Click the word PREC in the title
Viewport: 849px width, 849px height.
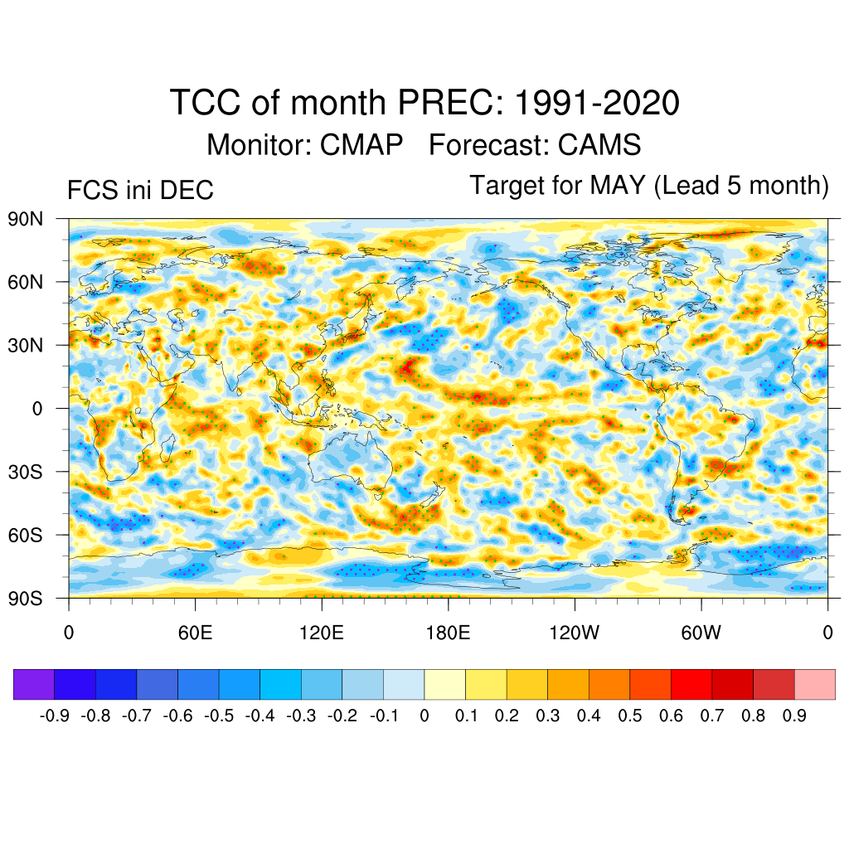point(449,104)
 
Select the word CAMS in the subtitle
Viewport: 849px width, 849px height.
point(599,145)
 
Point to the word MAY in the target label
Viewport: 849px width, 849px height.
point(618,185)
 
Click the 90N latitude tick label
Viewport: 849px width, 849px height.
point(26,219)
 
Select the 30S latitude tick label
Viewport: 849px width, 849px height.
point(26,472)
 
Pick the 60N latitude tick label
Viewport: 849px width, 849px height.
point(26,282)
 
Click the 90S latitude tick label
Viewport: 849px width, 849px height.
point(26,598)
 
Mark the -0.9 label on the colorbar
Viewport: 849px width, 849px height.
point(54,716)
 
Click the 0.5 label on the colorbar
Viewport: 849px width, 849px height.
point(630,716)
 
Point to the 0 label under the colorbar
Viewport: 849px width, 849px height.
point(424,716)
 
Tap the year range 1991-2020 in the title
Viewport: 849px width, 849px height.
point(597,104)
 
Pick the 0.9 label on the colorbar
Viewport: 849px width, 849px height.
point(794,716)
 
